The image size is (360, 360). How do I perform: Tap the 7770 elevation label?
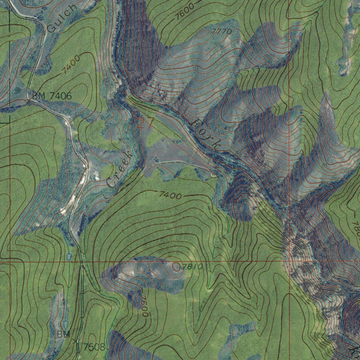[222, 32]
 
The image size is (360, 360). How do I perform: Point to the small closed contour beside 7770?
[203, 34]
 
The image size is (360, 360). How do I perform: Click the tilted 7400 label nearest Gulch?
[71, 65]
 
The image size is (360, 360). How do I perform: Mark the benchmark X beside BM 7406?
[28, 103]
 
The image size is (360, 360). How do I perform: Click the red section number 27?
[145, 123]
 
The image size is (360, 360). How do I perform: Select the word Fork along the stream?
[207, 134]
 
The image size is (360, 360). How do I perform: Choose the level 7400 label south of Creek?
[170, 195]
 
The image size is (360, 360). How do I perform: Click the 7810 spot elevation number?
[193, 267]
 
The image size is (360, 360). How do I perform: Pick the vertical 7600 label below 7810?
[144, 306]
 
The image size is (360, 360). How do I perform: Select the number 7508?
[94, 347]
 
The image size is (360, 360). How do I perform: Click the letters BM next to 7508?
[64, 334]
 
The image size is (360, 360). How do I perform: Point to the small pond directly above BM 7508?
[65, 323]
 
